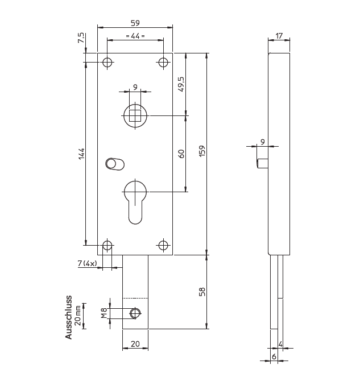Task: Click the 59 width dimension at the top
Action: coord(135,23)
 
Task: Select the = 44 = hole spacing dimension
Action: coord(135,36)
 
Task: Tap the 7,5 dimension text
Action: coord(81,39)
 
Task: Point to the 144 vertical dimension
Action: coord(81,154)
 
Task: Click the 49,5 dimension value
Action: coord(181,84)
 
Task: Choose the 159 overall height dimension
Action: coord(202,152)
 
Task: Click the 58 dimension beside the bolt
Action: coord(202,292)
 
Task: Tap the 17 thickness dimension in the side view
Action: coord(279,36)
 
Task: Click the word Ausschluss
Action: coord(69,317)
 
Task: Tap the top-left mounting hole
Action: coord(106,62)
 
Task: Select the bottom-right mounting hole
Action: coord(163,245)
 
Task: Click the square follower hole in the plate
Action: coord(135,116)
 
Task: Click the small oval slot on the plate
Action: coord(113,164)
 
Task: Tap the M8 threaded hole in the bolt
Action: coord(135,313)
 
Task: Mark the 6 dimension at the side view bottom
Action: coord(274,357)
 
